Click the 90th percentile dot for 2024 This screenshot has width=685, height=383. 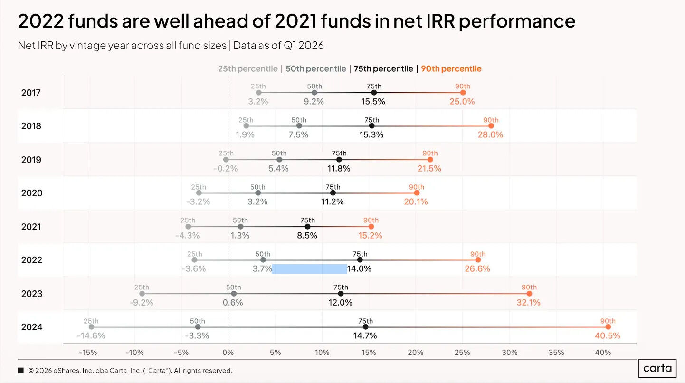pos(608,327)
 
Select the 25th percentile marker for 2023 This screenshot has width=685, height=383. pos(142,294)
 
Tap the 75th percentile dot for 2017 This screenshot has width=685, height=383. pos(374,93)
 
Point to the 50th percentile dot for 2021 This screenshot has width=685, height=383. pos(240,227)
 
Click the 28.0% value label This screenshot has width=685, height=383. pos(490,134)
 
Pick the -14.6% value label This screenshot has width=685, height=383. pos(91,336)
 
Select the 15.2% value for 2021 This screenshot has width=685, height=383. pos(370,236)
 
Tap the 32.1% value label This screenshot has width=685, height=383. pos(528,303)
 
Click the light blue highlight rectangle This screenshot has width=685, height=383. pos(309,269)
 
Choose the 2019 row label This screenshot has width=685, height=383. pos(31,160)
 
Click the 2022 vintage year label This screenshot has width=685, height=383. pos(31,260)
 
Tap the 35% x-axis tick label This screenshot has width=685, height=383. pos(556,353)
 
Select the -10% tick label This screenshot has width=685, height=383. pos(134,353)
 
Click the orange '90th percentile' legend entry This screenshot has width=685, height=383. pos(451,69)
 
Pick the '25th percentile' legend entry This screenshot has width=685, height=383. pos(247,69)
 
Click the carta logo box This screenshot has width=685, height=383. pos(657,368)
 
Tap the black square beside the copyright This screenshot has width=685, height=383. pos(21,371)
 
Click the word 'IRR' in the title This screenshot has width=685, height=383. pos(424,21)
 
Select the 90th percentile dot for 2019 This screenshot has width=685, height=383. pos(430,160)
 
